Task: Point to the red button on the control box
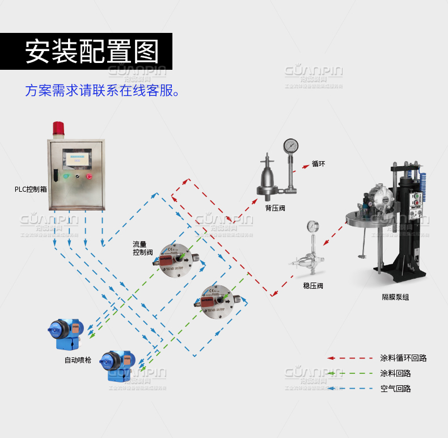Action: (x=89, y=176)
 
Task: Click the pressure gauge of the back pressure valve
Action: (x=291, y=145)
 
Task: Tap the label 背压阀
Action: (x=275, y=208)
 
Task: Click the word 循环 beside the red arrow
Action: (x=318, y=164)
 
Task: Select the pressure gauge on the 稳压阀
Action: (x=312, y=226)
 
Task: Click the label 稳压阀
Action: (x=313, y=285)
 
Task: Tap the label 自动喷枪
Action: (x=78, y=360)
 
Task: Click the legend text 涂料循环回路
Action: (x=403, y=358)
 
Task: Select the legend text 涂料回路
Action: (x=395, y=373)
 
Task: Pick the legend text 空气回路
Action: (x=395, y=389)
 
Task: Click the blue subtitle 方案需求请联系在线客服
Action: (x=103, y=90)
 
